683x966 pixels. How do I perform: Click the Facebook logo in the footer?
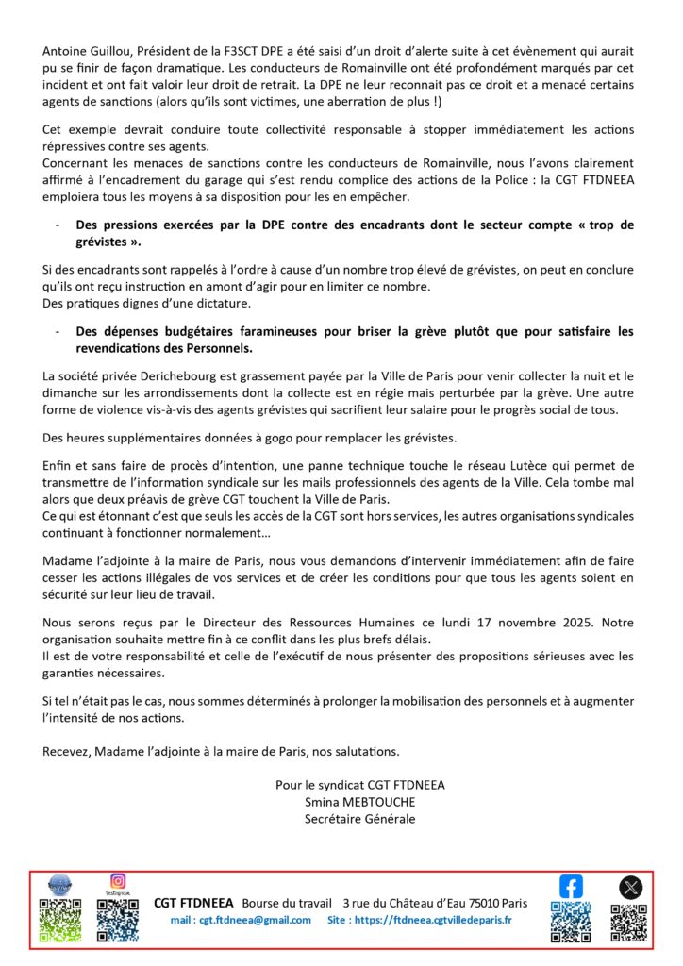(571, 887)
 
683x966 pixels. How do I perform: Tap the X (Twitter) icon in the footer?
(629, 887)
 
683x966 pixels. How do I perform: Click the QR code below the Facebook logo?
(571, 922)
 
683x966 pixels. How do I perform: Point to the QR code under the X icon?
(629, 922)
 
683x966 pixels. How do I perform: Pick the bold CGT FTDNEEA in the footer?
(193, 903)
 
